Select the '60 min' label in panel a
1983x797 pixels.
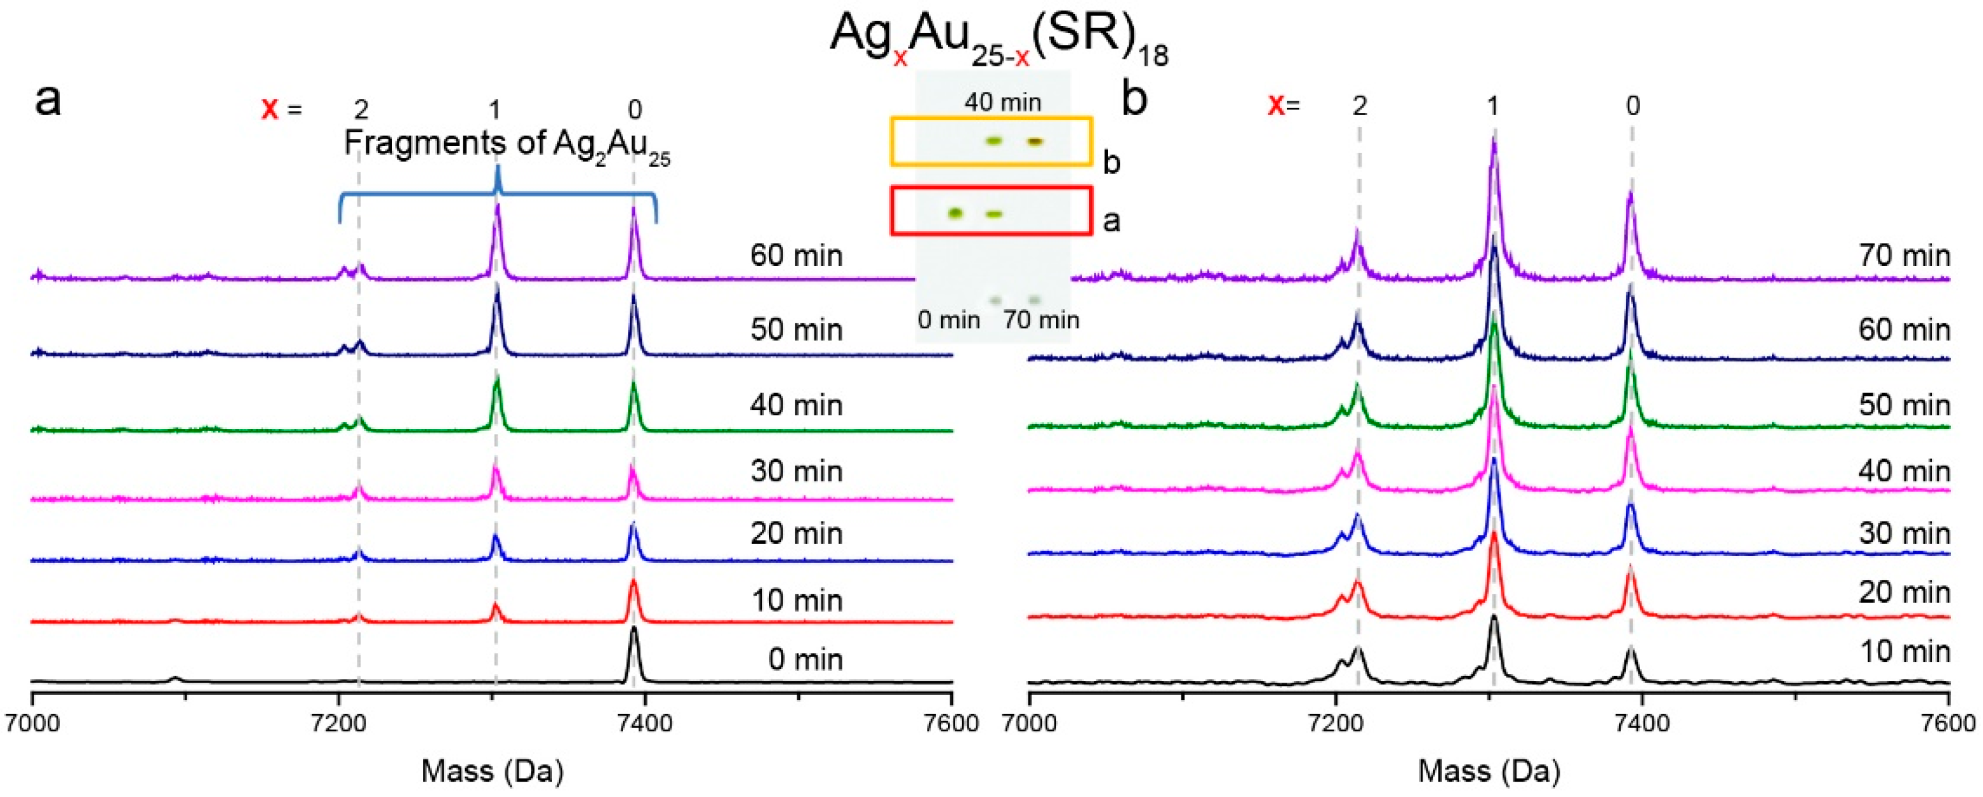coord(796,256)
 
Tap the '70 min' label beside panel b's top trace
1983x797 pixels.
coord(1904,256)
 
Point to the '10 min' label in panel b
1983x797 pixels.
coord(1904,652)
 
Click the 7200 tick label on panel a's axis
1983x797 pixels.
coord(338,724)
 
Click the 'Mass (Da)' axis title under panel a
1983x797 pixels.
coord(492,771)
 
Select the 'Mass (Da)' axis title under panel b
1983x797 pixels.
coord(1489,771)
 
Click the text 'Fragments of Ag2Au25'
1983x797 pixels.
coord(507,144)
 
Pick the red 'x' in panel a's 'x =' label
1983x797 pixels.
coord(270,108)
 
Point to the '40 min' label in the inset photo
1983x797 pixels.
coord(1002,103)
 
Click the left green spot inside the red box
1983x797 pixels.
coord(955,214)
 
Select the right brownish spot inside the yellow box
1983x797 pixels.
coord(1035,141)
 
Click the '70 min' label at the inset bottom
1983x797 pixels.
coord(1041,319)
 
